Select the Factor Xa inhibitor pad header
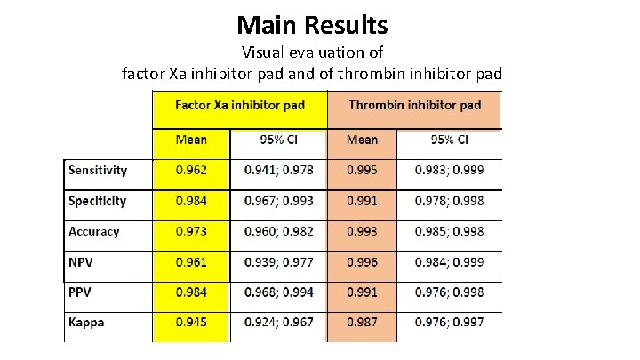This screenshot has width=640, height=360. coord(239,105)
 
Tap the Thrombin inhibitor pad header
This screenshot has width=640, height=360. coord(414,105)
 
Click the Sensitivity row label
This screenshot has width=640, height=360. coord(98,170)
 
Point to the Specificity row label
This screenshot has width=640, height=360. coord(98,201)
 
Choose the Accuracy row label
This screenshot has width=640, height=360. coord(93,231)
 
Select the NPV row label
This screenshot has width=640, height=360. coord(83,262)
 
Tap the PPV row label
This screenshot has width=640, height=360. coord(82,292)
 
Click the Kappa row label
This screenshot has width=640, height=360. coord(86,322)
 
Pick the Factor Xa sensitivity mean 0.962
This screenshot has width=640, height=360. coord(191,170)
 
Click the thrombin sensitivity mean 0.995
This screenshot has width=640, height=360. coord(361,170)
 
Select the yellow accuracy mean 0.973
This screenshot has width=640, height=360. coord(191,231)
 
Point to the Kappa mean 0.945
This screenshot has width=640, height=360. coord(191,322)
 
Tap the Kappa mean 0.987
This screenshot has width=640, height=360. coord(361,322)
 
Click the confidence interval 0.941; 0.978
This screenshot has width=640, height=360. coord(278,170)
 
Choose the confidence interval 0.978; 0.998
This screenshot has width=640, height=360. coord(450,201)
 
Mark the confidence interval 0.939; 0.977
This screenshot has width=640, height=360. coord(278,262)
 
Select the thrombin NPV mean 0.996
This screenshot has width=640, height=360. coord(361,262)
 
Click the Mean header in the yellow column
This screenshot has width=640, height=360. coord(191,140)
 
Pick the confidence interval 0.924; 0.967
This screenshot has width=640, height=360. coord(278,322)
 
